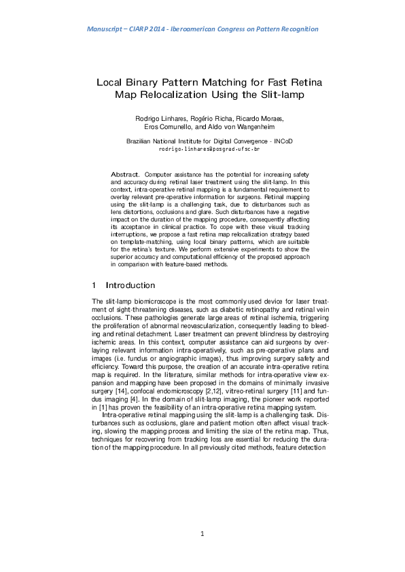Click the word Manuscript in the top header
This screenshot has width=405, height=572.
click(107, 29)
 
